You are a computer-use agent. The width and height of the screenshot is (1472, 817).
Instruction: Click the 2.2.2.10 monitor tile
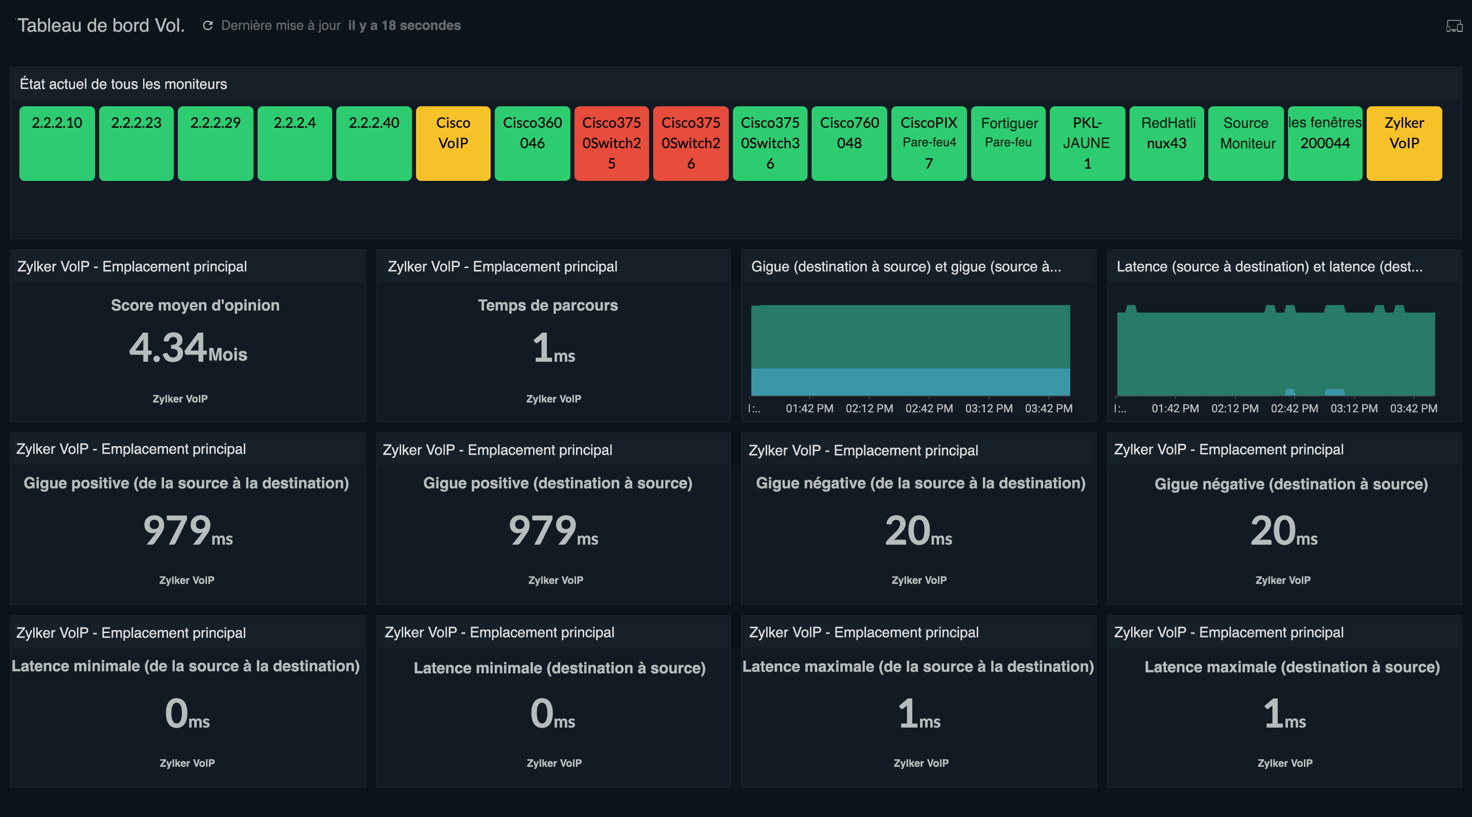[57, 143]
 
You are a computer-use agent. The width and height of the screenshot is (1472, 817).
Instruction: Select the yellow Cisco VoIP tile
[453, 143]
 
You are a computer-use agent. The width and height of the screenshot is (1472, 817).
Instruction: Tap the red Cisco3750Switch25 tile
[611, 143]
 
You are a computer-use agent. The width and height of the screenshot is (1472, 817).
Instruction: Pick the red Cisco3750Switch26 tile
[691, 143]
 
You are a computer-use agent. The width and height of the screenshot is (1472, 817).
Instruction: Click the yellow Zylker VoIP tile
[1404, 143]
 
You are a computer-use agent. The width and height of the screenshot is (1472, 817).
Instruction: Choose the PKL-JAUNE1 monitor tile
[1087, 143]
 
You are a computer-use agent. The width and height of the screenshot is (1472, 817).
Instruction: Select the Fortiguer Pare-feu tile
[1008, 143]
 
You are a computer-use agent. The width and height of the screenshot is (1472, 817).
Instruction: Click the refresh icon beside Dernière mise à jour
[208, 25]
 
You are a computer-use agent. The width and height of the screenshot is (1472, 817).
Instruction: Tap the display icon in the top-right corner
[1454, 26]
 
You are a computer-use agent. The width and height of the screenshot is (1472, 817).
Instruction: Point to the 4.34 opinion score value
[168, 347]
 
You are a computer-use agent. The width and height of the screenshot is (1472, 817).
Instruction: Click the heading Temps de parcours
[547, 305]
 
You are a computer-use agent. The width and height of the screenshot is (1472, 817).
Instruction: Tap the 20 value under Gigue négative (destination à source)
[1273, 530]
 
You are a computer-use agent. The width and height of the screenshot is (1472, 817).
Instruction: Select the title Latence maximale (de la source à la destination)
[918, 666]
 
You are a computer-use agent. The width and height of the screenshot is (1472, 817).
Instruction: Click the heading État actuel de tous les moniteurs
[123, 84]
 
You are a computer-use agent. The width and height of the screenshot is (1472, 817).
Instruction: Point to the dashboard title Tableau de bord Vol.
[101, 25]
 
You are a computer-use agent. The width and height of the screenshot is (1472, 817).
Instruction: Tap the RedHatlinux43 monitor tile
[1167, 143]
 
